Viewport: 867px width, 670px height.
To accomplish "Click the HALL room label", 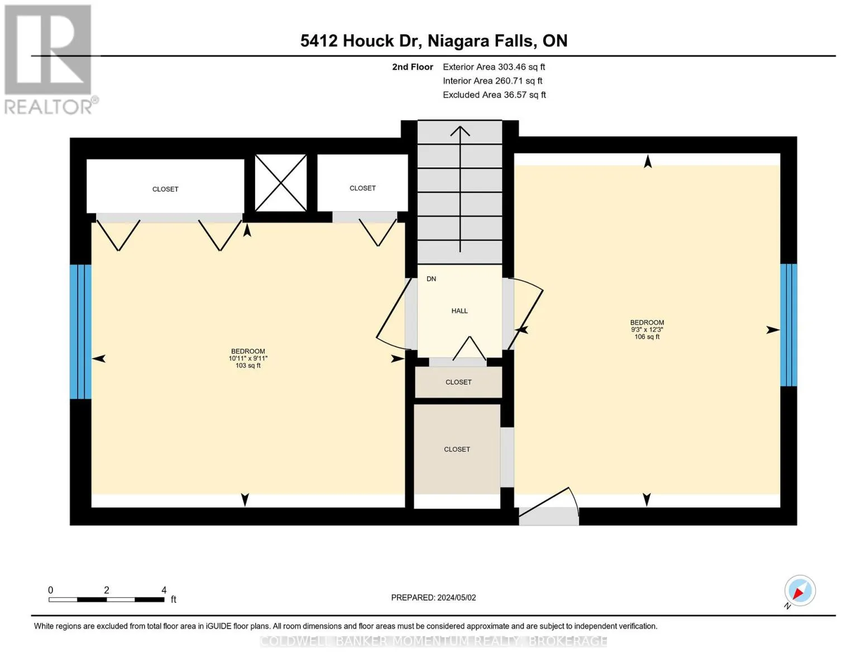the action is [459, 311].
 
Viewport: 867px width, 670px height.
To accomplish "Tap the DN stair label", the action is [431, 279].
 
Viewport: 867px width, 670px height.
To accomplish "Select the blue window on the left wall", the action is [80, 332].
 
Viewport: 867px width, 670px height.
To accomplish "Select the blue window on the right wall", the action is [788, 325].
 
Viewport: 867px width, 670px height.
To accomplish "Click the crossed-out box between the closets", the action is [280, 183].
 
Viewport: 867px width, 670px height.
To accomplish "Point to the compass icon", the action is [799, 591].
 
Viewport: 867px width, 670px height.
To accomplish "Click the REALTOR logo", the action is [50, 60].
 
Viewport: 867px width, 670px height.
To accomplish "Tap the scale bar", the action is [107, 599].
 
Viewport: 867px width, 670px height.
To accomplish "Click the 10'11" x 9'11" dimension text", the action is [248, 358].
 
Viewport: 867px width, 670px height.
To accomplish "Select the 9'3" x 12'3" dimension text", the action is [646, 329].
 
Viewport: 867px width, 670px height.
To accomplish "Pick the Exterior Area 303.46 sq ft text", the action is [494, 67].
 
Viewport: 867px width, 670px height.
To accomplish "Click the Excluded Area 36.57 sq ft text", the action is [494, 95].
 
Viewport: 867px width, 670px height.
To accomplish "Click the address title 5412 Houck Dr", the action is [361, 41].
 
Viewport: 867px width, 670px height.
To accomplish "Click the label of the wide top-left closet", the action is [165, 189].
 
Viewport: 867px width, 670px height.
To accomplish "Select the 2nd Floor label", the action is [412, 67].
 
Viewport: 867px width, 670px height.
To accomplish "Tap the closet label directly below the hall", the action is [458, 382].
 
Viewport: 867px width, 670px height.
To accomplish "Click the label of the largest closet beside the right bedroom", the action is [457, 449].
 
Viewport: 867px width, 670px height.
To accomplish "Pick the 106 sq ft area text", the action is [646, 337].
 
